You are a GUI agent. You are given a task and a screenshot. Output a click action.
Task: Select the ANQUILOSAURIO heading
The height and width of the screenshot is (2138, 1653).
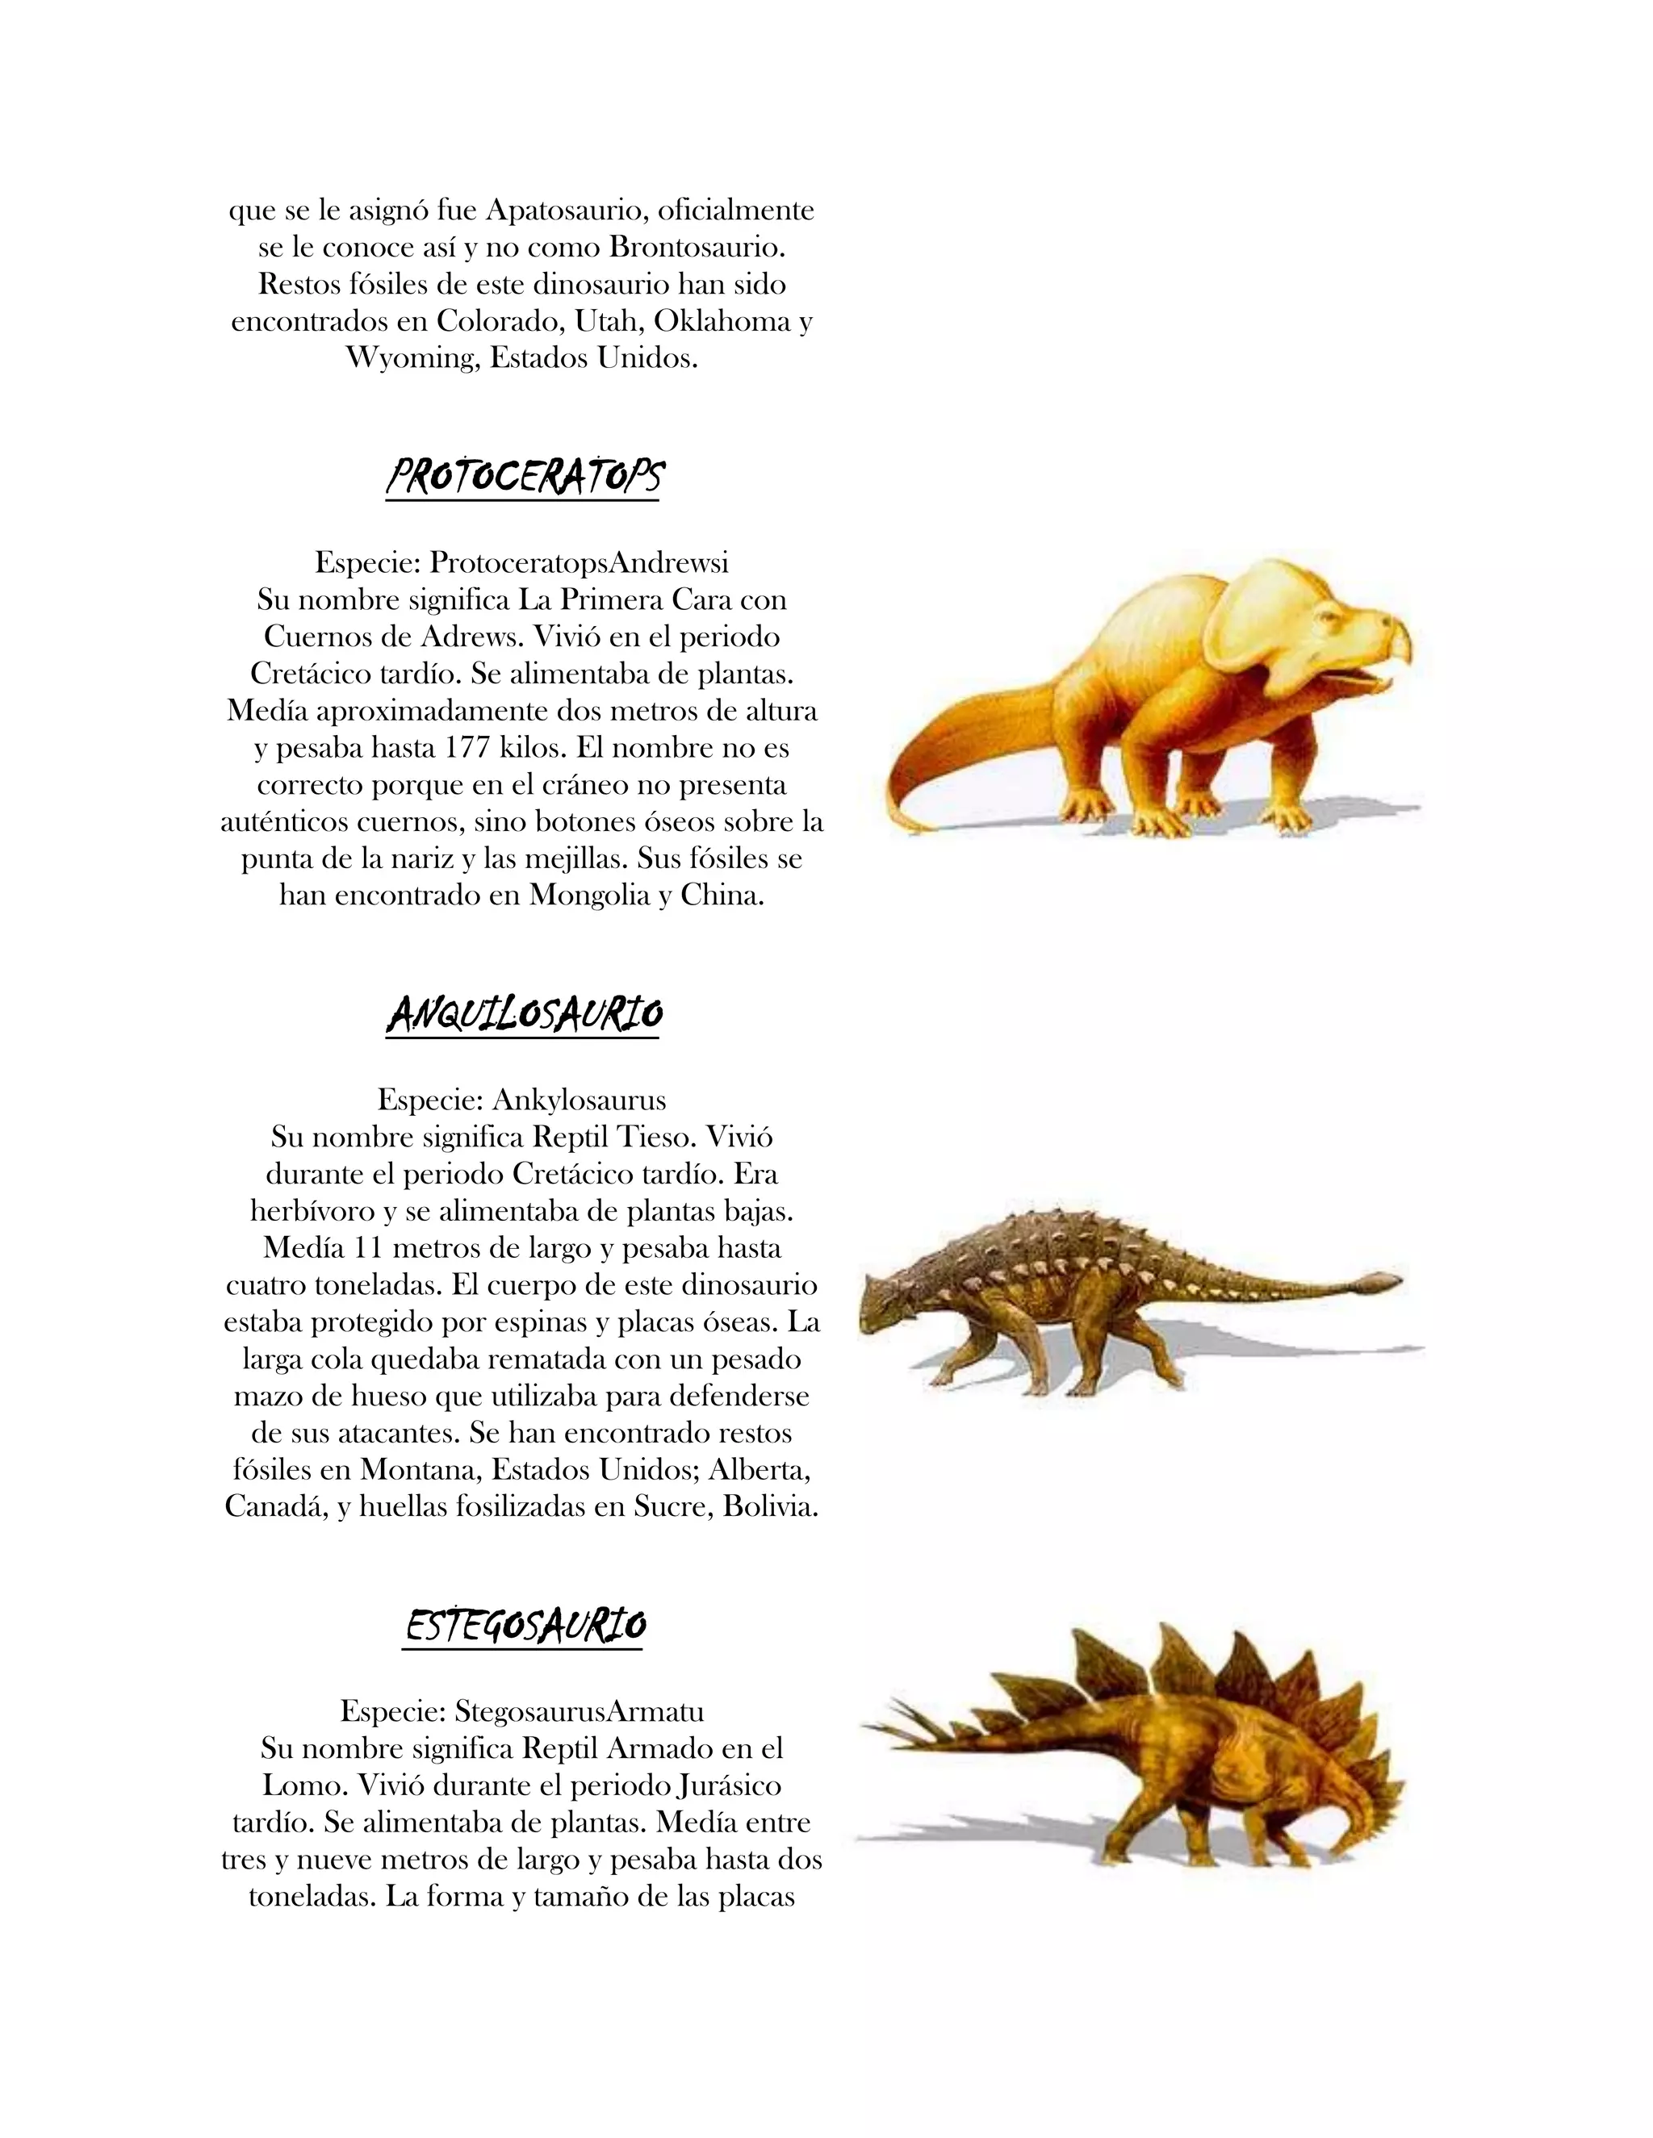click(x=523, y=1014)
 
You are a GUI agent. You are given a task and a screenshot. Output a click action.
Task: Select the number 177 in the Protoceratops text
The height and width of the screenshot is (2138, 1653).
click(x=468, y=748)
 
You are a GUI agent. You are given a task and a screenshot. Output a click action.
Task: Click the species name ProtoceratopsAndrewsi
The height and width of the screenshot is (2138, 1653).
click(x=579, y=563)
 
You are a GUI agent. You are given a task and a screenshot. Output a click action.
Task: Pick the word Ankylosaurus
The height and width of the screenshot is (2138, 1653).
click(x=579, y=1100)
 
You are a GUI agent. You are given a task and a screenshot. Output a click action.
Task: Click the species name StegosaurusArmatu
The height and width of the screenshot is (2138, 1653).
click(x=579, y=1712)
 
